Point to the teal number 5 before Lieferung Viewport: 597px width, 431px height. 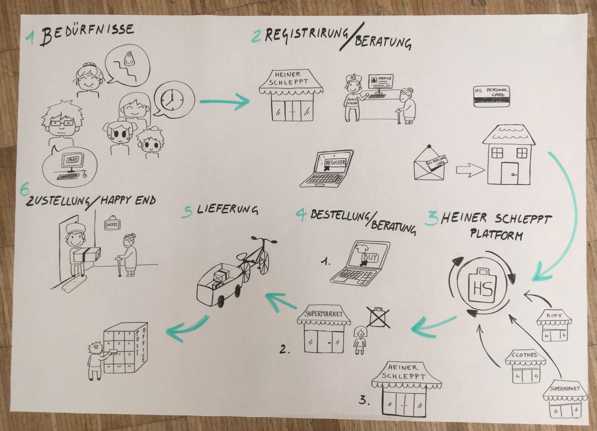click(188, 213)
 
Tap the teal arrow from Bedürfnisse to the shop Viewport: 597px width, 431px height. click(224, 102)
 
